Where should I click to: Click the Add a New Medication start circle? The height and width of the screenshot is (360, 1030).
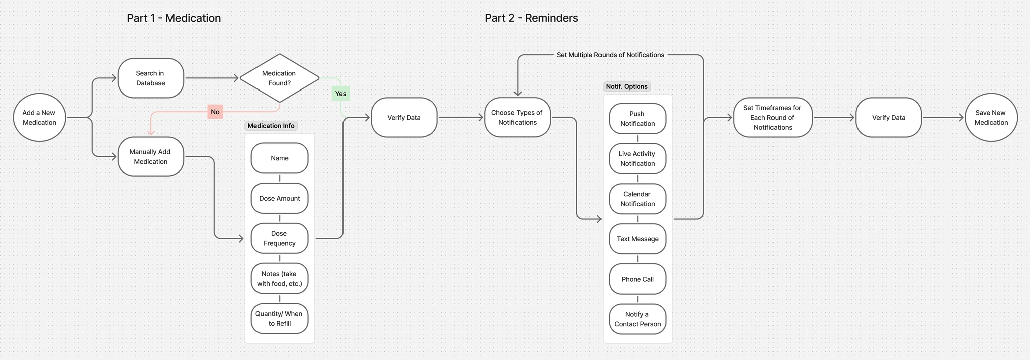point(39,118)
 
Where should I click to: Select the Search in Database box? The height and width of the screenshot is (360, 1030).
point(150,78)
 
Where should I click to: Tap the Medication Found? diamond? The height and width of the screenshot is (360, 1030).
point(279,78)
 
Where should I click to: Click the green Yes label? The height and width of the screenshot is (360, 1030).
point(340,94)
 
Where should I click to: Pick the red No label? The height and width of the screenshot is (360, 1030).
point(215,112)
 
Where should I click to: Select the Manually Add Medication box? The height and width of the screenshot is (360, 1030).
point(150,157)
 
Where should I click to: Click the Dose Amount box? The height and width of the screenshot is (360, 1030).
point(279,198)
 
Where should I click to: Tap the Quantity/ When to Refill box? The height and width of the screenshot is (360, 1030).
point(279,319)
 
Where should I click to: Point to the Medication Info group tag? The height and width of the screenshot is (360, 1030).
point(271,126)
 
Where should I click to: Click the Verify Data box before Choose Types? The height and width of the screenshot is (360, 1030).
point(404,118)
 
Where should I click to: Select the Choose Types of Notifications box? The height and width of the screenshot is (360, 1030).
point(517,118)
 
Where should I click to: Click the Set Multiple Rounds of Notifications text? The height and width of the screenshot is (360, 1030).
point(610,55)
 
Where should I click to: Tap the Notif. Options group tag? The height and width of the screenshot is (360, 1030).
point(626,86)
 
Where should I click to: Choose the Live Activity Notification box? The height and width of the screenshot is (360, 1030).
point(637,159)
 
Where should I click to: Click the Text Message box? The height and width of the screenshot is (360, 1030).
point(637,239)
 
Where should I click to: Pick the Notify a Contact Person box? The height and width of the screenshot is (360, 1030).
point(637,319)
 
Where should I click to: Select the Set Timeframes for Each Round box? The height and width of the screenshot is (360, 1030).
point(772,118)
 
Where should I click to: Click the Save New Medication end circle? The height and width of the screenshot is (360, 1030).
point(991,118)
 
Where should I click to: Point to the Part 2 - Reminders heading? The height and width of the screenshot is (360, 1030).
point(531,18)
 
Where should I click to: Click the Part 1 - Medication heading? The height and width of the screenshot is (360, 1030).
point(174,18)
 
